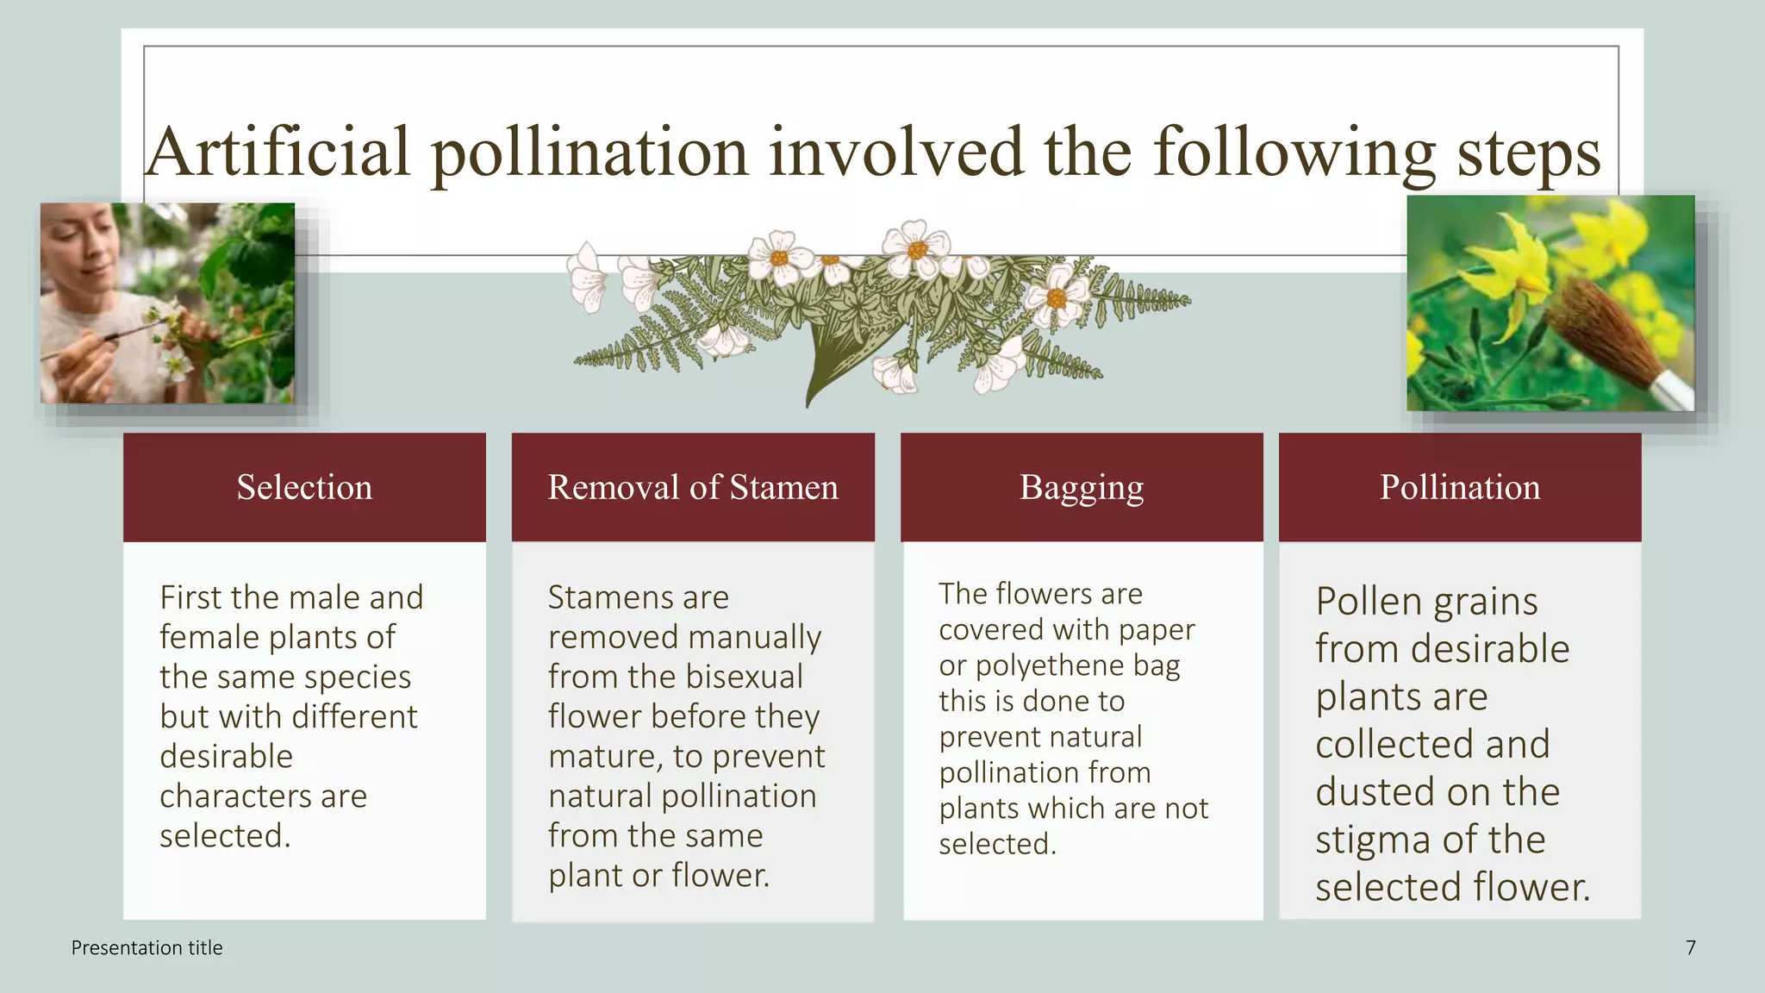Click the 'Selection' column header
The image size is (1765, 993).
(x=304, y=488)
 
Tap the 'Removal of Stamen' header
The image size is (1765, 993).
(x=693, y=488)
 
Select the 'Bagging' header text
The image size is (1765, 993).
(x=1082, y=488)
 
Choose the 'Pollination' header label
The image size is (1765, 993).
(x=1460, y=488)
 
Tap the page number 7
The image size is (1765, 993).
(x=1691, y=948)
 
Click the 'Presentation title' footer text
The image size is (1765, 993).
(x=147, y=948)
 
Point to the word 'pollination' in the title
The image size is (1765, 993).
(x=589, y=152)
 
